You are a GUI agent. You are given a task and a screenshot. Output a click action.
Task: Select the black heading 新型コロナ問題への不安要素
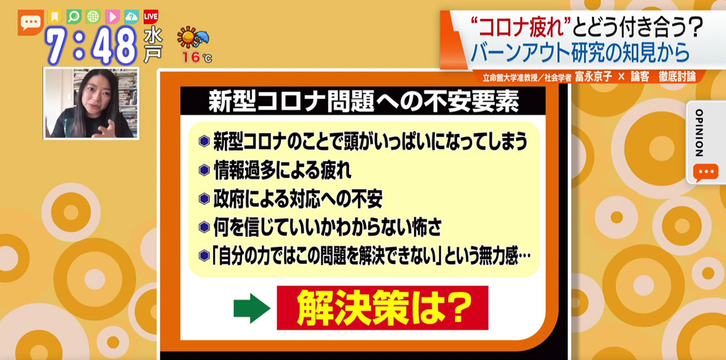pos(364,102)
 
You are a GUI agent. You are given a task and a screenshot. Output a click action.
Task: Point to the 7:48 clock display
pos(92,45)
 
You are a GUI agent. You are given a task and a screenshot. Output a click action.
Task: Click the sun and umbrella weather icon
pos(193,39)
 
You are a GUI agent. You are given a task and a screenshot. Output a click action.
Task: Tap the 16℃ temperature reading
pos(197,58)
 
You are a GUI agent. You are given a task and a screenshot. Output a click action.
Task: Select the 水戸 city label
pos(153,45)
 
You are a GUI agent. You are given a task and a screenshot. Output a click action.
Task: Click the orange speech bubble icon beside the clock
pos(30,22)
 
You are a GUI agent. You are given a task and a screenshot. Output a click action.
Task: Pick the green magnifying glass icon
pos(74,16)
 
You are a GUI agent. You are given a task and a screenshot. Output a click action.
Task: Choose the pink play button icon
pos(113,16)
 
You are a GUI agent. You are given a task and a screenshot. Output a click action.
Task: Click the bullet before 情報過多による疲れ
pos(204,171)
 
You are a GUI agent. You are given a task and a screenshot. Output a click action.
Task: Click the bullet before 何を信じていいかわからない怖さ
pos(204,227)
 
